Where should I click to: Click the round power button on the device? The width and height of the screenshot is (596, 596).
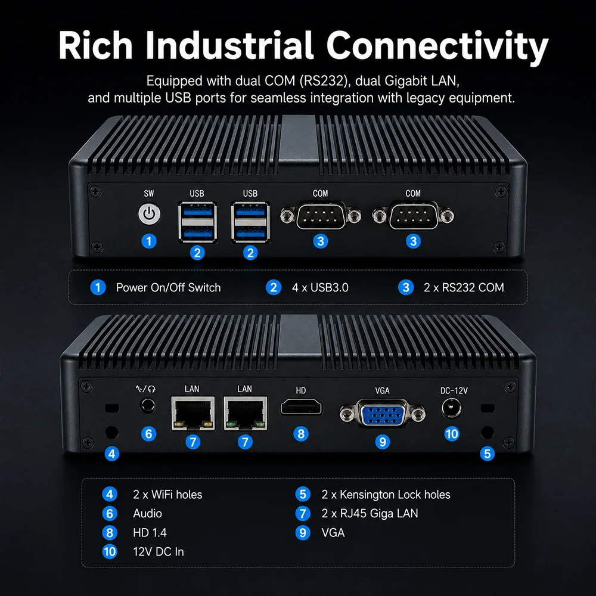[x=150, y=214]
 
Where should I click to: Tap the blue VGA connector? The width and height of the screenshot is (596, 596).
[x=383, y=413]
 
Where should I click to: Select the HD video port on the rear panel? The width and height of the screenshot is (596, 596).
[x=301, y=407]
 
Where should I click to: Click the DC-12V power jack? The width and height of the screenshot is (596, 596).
[x=452, y=409]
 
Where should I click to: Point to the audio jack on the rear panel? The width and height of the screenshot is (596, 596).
[x=148, y=405]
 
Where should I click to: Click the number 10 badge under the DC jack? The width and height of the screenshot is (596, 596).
[x=452, y=434]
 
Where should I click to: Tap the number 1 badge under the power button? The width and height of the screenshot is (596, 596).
[x=149, y=241]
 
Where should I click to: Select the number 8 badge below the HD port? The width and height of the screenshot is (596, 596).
[x=301, y=434]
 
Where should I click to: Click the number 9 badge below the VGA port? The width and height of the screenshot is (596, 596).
[x=383, y=442]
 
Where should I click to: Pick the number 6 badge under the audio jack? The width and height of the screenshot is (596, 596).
[x=148, y=434]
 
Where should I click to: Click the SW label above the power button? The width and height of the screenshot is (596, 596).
[x=149, y=194]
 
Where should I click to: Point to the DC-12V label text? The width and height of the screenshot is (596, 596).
[x=454, y=390]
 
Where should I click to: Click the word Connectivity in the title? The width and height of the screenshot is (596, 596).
[x=437, y=45]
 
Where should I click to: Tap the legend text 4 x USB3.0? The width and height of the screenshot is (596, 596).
[x=320, y=287]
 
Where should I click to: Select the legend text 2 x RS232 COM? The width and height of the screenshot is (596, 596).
[x=464, y=287]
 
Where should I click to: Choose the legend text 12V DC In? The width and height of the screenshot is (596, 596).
[x=159, y=551]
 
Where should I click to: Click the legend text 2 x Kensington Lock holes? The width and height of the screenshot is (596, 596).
[x=386, y=495]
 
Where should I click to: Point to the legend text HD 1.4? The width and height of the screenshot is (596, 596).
[x=150, y=532]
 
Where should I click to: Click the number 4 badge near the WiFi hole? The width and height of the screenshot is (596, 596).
[x=112, y=454]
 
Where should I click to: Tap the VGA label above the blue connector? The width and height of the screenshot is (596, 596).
[x=383, y=390]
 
